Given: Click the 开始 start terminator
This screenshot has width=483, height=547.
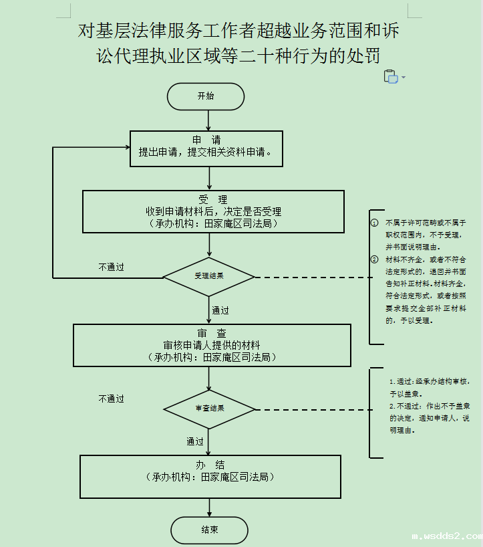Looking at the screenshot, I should click(206, 96).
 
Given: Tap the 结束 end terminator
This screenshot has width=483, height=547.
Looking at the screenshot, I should click(209, 530).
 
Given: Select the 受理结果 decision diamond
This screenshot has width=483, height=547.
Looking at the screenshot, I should click(209, 276).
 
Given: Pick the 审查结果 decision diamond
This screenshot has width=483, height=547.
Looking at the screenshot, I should click(209, 409).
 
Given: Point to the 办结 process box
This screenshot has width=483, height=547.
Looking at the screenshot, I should click(210, 476).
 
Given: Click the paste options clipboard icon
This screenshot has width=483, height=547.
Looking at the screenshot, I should click(391, 76).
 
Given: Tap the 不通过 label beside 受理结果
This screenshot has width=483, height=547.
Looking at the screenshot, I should click(111, 267).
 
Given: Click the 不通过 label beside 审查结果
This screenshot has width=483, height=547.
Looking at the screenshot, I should click(111, 399).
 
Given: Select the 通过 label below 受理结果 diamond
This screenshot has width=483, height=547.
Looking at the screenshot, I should click(220, 310).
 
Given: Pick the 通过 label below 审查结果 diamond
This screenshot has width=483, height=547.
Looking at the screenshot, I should click(195, 441).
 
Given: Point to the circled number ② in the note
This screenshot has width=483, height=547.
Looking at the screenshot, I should click(375, 259).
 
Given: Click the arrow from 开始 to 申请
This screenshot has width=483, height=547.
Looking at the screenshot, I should click(209, 120).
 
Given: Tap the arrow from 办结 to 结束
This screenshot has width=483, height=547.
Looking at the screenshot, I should click(209, 508).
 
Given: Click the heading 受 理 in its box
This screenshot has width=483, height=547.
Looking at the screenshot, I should click(213, 199).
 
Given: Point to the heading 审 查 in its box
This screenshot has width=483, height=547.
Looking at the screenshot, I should click(212, 334).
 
